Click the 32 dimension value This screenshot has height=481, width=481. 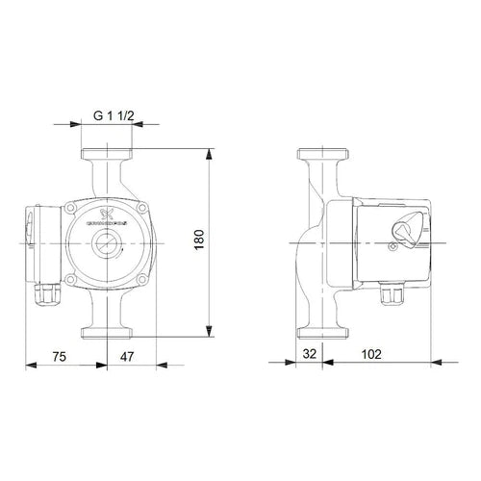pos(309,354)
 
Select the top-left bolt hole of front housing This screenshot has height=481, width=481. pos(72,206)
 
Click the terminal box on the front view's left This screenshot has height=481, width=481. pos(35,243)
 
